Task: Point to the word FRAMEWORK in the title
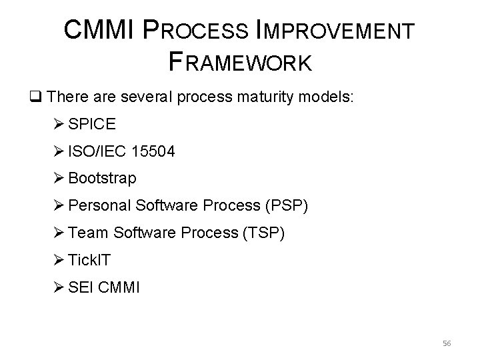point(241,62)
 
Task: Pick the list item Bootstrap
point(102,179)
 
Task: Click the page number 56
point(447,343)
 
